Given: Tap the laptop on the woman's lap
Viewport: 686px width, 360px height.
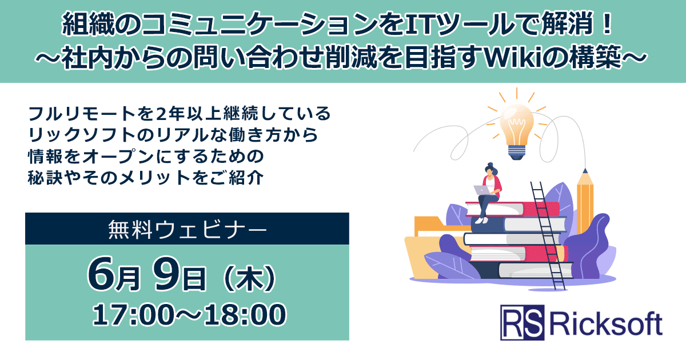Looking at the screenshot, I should coord(479,190).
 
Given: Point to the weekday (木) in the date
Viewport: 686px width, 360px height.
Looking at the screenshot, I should coord(248,279).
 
